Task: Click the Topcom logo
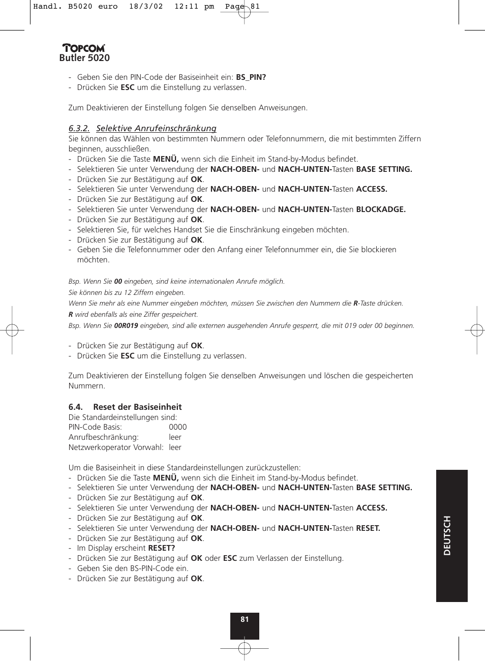tap(84, 48)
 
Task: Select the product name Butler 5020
tap(84, 58)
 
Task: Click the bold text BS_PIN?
tap(251, 77)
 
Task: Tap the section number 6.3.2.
tap(79, 129)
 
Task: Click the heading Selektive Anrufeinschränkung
tap(156, 129)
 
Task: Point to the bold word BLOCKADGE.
tap(381, 209)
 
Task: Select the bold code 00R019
tap(126, 326)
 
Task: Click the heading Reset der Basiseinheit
tap(137, 407)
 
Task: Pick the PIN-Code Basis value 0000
tap(177, 427)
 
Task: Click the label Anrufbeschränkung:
tap(103, 437)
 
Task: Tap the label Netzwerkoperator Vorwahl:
tap(116, 447)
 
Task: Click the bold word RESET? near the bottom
tap(161, 548)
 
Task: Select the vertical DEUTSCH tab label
tap(447, 535)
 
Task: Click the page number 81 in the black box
tap(245, 619)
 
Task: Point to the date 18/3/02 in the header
tap(146, 7)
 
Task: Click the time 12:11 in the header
tap(186, 7)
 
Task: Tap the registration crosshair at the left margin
tap(12, 330)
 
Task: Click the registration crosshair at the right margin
tap(476, 330)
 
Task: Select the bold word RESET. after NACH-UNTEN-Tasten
tap(368, 528)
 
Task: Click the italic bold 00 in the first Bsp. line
tap(118, 282)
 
